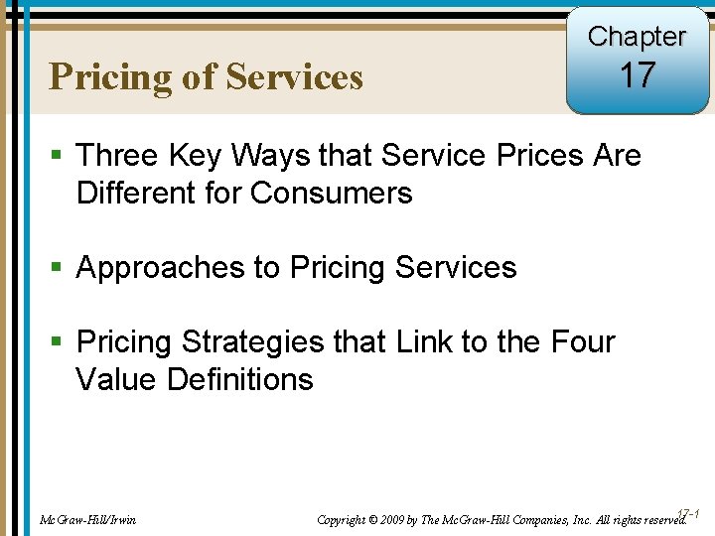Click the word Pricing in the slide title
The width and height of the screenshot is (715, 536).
click(111, 77)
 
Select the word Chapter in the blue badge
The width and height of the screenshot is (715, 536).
click(638, 37)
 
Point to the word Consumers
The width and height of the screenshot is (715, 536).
click(332, 193)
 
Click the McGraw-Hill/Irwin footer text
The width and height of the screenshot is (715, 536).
click(87, 519)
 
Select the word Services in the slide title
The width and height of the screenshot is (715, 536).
click(294, 77)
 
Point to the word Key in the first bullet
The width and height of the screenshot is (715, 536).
click(201, 156)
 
